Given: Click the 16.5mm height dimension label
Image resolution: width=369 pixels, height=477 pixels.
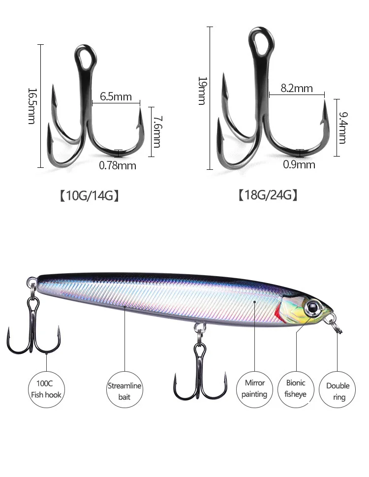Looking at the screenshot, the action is tap(31, 106).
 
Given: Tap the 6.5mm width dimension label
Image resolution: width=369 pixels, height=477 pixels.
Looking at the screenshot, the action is tap(116, 96).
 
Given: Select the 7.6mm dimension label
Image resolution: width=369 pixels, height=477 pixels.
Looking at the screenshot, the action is tap(156, 131).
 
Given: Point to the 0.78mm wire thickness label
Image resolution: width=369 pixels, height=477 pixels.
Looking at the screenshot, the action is tap(118, 165).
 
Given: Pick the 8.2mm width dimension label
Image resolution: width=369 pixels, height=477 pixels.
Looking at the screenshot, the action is tap(297, 88).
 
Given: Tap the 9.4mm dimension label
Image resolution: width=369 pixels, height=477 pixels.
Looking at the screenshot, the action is tap(342, 127).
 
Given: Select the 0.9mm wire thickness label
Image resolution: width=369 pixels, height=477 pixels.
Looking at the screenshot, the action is tap(299, 164).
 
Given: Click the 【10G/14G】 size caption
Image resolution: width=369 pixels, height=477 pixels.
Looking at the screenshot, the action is tap(90, 196).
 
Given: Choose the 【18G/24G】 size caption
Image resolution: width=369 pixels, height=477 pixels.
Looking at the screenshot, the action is tap(268, 196).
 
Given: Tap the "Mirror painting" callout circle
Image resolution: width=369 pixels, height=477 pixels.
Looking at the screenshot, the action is tap(255, 388).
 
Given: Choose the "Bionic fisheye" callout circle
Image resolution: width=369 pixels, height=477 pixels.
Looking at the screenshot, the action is tap(296, 388).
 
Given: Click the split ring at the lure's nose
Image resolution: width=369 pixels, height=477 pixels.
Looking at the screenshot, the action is tap(336, 325).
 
